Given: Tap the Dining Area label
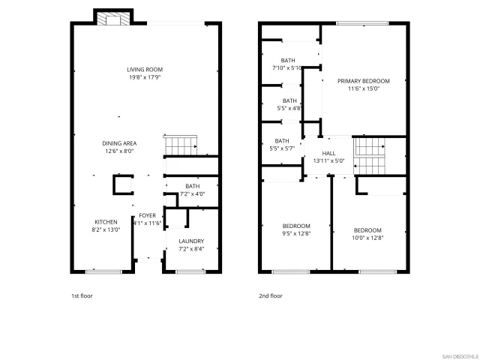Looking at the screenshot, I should [x=119, y=146].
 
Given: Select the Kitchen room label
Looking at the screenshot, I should [x=106, y=225].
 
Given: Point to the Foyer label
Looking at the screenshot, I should [x=147, y=219].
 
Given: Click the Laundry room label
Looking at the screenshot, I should [x=191, y=244].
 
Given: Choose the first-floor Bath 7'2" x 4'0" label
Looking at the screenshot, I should [x=193, y=190].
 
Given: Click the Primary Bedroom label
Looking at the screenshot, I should [x=363, y=84].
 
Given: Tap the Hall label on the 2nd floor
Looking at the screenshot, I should [x=328, y=156].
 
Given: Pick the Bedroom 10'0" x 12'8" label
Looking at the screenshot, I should [x=367, y=233].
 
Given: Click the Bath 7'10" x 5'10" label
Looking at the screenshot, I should [x=288, y=64].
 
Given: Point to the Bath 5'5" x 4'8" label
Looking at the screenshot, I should [x=289, y=103].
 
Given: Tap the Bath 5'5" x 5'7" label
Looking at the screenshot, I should [x=282, y=144].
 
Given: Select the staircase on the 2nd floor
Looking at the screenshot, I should [x=368, y=154].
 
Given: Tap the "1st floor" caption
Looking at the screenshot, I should [x=81, y=295].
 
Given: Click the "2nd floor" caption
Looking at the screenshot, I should [x=271, y=295].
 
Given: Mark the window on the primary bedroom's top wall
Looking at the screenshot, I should [x=356, y=23].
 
